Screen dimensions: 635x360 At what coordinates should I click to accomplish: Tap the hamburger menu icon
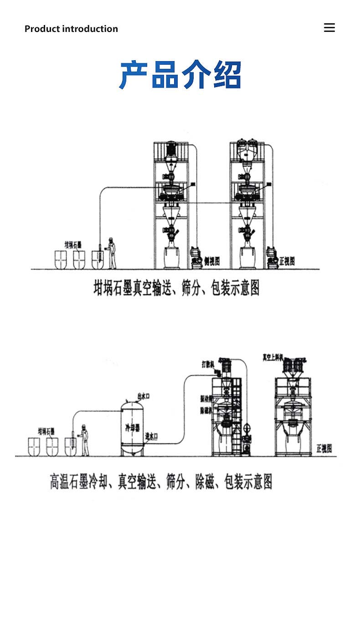[x=329, y=28]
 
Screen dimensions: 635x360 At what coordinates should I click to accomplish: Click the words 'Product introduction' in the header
[x=71, y=29]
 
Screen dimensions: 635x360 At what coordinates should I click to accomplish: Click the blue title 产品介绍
[x=180, y=75]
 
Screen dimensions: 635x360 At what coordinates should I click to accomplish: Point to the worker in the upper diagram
[x=111, y=253]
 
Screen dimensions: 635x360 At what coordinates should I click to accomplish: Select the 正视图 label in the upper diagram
[x=287, y=261]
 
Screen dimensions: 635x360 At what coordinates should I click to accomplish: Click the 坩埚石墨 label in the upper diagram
[x=73, y=245]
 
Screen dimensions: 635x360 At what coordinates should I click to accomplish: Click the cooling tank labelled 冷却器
[x=132, y=427]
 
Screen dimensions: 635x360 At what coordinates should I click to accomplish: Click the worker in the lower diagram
[x=84, y=440]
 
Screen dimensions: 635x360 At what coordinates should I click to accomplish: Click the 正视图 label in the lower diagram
[x=324, y=449]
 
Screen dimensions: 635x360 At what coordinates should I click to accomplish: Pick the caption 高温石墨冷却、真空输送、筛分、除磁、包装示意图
[x=161, y=481]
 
